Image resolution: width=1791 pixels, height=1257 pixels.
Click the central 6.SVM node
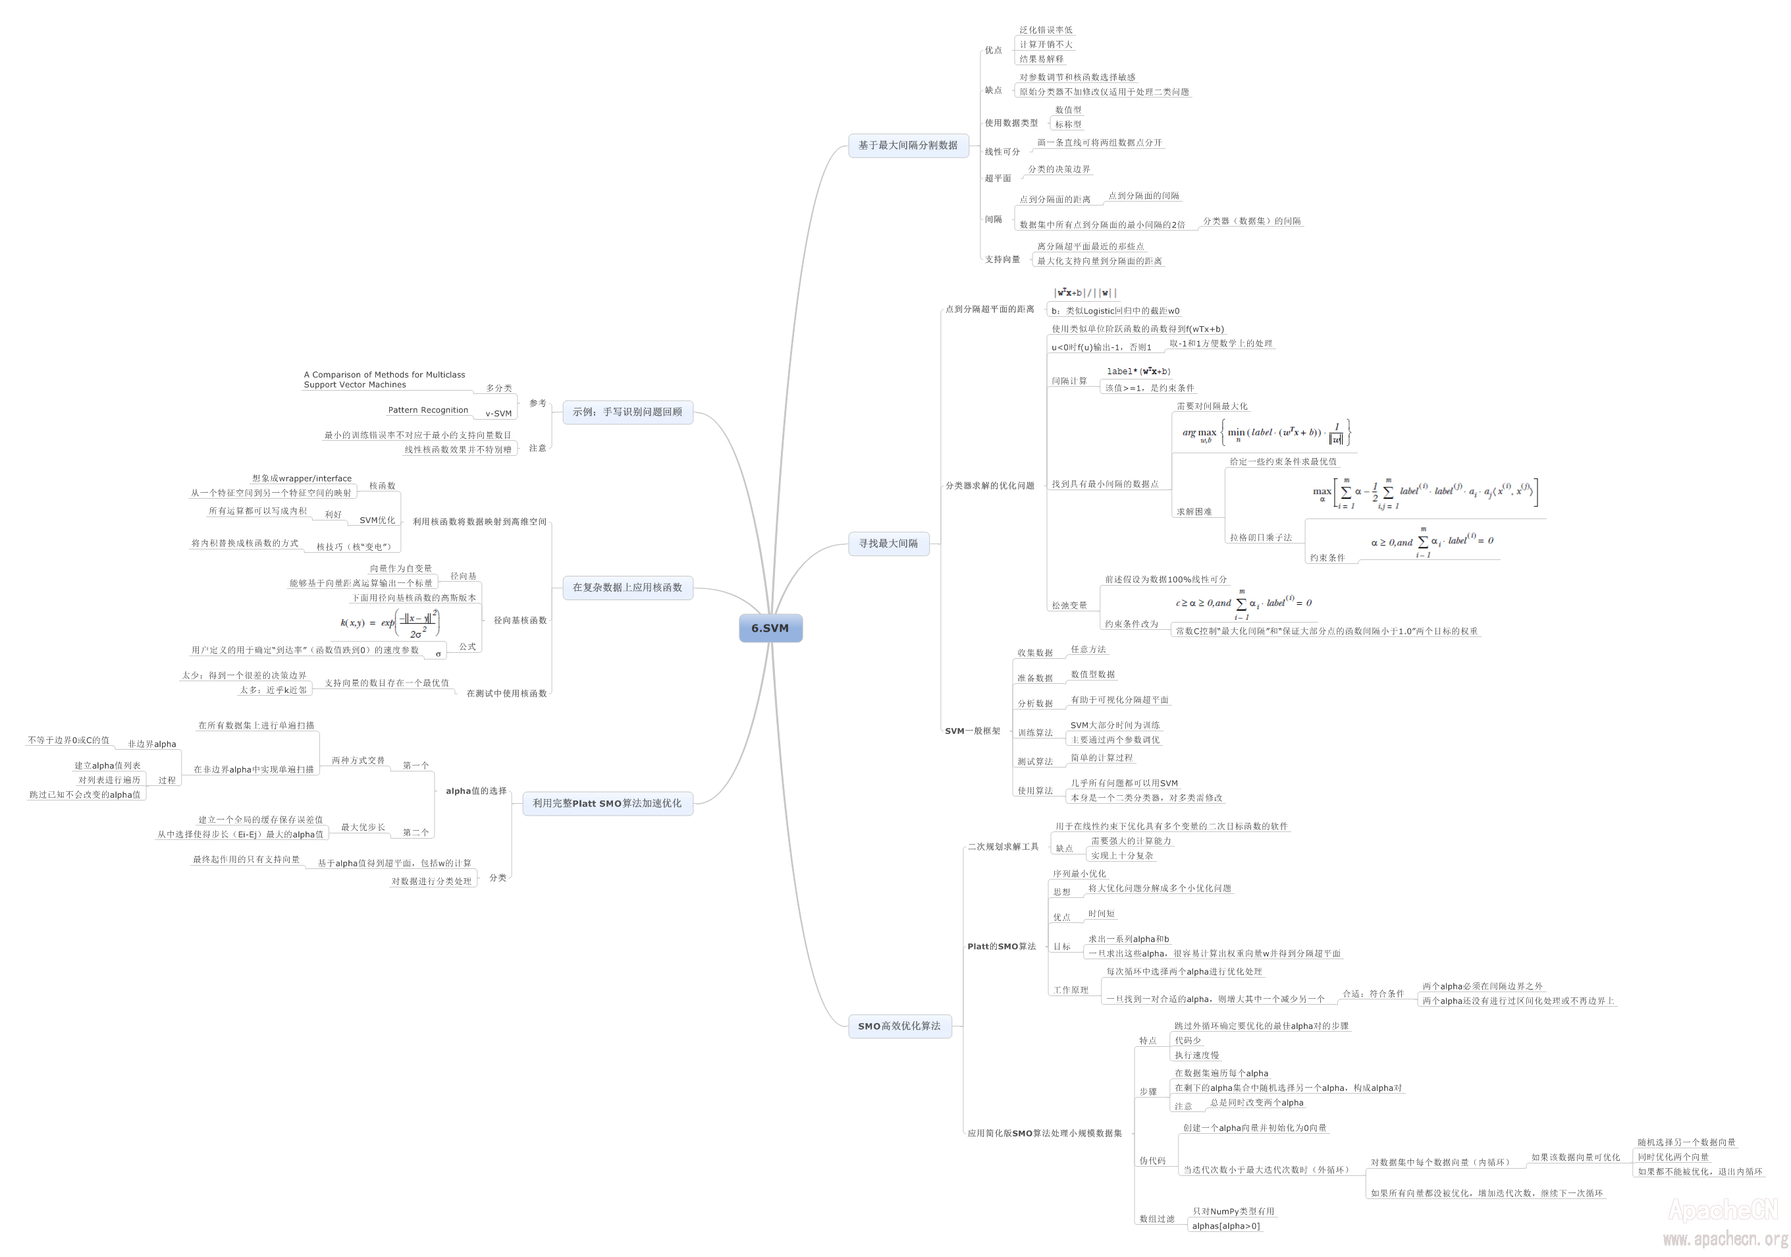pos(770,628)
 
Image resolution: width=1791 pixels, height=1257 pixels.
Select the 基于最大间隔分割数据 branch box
pos(907,145)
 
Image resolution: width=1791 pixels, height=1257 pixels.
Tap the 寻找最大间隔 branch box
pos(888,543)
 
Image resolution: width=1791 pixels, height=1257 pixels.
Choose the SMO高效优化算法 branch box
pos(899,1026)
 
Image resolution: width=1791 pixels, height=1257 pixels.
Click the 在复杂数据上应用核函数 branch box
pos(627,588)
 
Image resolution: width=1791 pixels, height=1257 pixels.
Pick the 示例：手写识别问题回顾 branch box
pos(627,412)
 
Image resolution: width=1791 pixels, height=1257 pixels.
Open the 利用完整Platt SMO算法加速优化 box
pos(607,803)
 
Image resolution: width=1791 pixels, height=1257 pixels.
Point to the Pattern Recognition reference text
pos(428,410)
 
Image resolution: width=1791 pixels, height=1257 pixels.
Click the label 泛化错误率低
pos(1045,30)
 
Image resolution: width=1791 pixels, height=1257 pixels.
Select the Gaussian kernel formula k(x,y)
pos(390,623)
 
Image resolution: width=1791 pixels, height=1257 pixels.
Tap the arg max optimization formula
pos(1266,433)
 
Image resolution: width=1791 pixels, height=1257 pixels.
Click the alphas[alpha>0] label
pos(1225,1226)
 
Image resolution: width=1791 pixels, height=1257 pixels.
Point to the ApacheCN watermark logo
pos(1723,1210)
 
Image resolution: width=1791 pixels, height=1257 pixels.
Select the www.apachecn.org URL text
pos(1724,1239)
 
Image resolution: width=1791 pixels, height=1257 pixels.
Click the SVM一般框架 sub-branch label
pos(972,731)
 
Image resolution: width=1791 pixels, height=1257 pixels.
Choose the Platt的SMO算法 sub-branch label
pos(1001,947)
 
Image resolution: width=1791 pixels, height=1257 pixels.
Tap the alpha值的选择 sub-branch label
pos(476,791)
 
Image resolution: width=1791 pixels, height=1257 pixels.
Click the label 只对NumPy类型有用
pos(1233,1211)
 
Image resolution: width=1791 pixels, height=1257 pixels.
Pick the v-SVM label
pos(498,414)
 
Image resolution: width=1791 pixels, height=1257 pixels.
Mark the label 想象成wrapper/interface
pos(302,478)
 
